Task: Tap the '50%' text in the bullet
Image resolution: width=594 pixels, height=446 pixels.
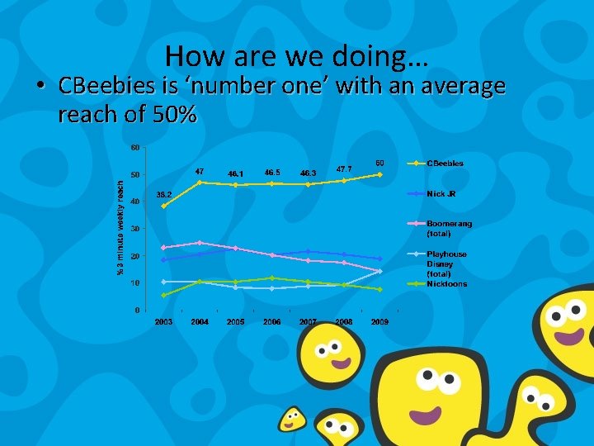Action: pos(175,116)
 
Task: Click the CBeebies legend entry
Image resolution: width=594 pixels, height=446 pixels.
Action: pos(445,164)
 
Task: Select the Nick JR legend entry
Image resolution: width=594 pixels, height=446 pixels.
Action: pos(441,194)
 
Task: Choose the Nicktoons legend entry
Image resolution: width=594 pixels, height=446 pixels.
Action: pos(446,284)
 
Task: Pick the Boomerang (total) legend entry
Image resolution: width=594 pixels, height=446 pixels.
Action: pos(449,228)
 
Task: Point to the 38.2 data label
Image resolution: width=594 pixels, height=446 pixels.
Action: pos(163,195)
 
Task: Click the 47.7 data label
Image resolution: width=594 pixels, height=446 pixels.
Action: pos(344,168)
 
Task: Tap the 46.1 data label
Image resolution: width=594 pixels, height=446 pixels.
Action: pos(235,173)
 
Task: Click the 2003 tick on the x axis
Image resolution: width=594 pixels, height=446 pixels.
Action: pos(163,321)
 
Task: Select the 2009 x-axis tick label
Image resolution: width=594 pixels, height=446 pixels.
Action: pos(379,321)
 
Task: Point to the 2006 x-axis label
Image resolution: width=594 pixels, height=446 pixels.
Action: pos(271,321)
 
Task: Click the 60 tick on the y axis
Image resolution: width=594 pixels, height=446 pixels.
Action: pos(134,148)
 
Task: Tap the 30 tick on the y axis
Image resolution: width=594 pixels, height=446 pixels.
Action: pos(134,229)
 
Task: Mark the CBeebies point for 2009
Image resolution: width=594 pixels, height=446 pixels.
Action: pos(379,174)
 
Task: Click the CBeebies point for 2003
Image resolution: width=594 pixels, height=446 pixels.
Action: pos(163,206)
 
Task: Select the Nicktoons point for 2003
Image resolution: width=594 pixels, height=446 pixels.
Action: pos(163,295)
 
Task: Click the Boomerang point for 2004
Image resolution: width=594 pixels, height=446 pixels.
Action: pos(200,243)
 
